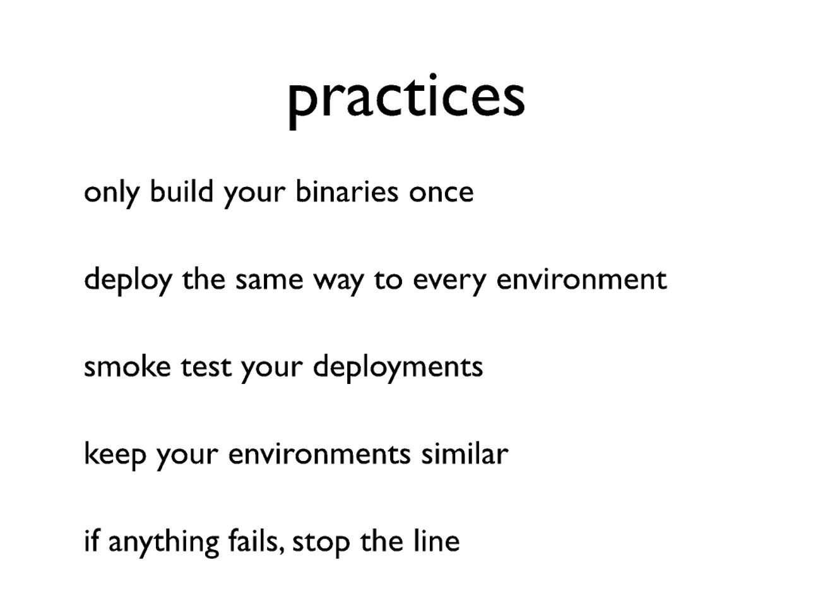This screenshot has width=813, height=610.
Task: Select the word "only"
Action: (x=112, y=194)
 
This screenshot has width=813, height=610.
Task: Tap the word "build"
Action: (x=181, y=191)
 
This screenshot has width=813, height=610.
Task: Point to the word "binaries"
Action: (x=347, y=191)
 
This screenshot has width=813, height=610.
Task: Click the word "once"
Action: (x=441, y=194)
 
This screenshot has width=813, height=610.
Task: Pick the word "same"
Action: (x=270, y=280)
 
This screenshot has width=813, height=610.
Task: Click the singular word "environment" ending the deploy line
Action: (x=581, y=278)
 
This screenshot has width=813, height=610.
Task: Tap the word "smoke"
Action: (x=128, y=365)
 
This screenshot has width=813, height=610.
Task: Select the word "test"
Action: (x=206, y=367)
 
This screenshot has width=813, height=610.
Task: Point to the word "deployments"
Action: (x=398, y=368)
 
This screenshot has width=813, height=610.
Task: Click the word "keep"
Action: (x=115, y=455)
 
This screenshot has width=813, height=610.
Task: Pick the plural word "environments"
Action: (x=319, y=453)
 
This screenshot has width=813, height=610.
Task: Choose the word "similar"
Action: (x=465, y=452)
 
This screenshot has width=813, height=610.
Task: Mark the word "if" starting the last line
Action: (x=92, y=540)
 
